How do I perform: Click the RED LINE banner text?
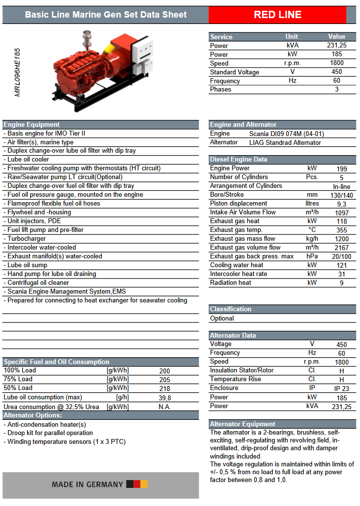pos(277,15)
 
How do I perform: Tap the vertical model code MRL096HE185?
pos(18,72)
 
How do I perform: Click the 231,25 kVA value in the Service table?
pos(336,45)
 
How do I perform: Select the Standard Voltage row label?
pos(235,72)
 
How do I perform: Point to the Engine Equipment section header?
pos(32,124)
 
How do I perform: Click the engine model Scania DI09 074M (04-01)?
pos(287,134)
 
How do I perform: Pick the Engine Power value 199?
pos(341,168)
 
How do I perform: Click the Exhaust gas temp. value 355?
pos(341,230)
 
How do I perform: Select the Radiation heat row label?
pos(231,282)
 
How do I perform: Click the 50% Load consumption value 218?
pos(165,388)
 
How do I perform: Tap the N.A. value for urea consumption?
pos(165,407)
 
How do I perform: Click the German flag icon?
pos(137,484)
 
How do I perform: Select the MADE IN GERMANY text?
pos(87,484)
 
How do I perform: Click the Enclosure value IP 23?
pos(341,389)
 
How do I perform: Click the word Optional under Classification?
pos(222,318)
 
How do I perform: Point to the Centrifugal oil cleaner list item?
pos(38,283)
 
